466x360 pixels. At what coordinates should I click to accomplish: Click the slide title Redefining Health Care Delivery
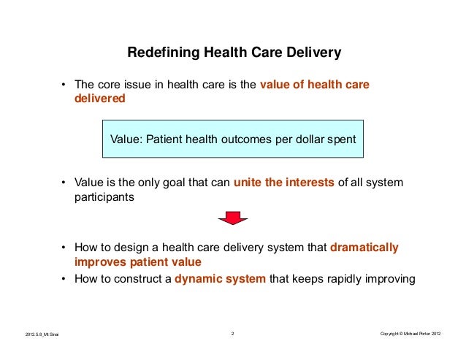click(234, 53)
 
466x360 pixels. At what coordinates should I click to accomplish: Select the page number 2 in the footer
click(232, 334)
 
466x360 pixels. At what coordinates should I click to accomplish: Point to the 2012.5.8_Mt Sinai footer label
click(41, 334)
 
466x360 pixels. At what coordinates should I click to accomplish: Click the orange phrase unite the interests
click(283, 183)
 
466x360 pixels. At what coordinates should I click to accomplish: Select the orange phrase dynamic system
click(221, 277)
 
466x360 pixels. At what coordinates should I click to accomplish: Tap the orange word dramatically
click(364, 248)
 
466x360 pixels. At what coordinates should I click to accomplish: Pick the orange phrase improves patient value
click(137, 262)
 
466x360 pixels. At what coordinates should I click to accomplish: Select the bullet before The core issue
click(64, 85)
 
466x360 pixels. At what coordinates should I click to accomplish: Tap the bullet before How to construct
click(64, 278)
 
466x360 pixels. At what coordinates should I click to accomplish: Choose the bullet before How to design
click(64, 248)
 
